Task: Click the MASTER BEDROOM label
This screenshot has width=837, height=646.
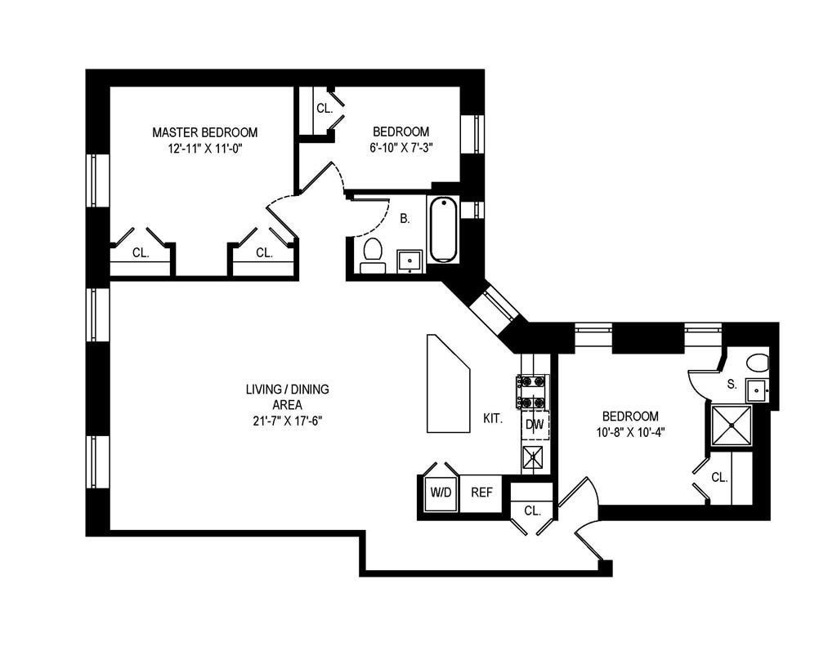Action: (x=204, y=132)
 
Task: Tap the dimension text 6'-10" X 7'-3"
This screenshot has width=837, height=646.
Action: (x=401, y=148)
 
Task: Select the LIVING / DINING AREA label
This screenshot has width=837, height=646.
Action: (x=287, y=397)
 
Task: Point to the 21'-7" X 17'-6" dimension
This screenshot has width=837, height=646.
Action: (x=287, y=421)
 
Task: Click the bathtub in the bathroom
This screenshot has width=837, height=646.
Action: (x=444, y=230)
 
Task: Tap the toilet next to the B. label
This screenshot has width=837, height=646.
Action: (x=373, y=256)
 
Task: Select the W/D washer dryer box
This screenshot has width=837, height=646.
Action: (x=441, y=492)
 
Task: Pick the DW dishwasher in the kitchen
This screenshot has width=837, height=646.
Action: (x=535, y=425)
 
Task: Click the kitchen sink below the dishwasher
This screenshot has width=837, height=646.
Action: (x=532, y=457)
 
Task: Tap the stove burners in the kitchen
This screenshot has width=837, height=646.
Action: (x=531, y=391)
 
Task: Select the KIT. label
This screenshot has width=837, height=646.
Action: (x=493, y=419)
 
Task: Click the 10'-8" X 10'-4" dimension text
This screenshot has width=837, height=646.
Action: (x=630, y=433)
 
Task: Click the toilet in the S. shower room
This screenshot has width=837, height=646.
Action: (x=758, y=363)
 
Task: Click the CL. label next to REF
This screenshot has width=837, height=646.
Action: (x=532, y=511)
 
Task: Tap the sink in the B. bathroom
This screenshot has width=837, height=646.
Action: (x=410, y=261)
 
